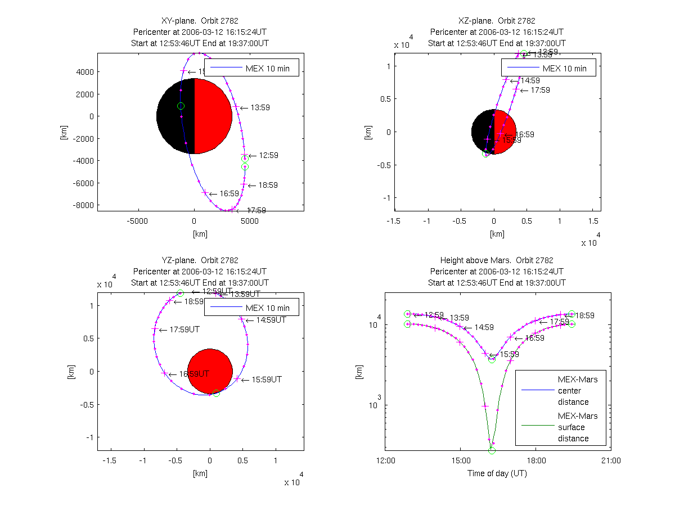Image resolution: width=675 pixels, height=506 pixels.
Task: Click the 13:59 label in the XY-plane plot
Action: tap(260, 107)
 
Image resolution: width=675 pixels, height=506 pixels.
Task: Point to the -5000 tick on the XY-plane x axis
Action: tap(137, 220)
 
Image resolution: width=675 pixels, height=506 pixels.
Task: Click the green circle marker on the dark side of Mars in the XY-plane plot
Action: tap(181, 106)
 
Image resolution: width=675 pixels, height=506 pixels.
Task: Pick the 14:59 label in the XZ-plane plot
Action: tap(529, 80)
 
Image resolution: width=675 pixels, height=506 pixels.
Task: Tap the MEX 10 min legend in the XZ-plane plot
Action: tap(548, 67)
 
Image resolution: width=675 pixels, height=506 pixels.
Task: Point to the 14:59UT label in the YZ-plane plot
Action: tap(271, 320)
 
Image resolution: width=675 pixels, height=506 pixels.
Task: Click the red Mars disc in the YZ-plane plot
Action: tap(210, 371)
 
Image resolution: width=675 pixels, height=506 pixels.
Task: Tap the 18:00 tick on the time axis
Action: tap(535, 460)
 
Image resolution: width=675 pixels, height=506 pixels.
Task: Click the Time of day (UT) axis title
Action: tap(497, 473)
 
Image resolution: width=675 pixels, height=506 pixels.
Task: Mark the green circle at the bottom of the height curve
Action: tap(492, 450)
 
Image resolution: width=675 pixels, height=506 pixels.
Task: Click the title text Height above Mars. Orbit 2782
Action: tap(497, 260)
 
